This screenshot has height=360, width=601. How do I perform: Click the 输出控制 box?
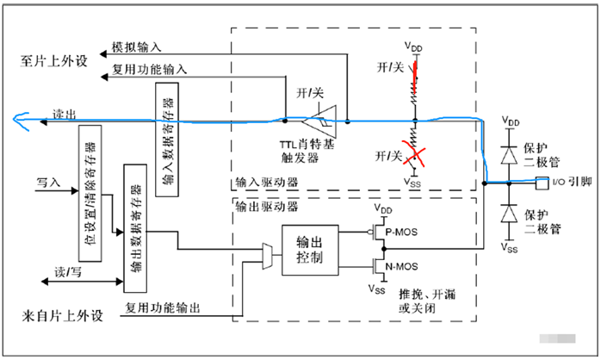tap(310, 250)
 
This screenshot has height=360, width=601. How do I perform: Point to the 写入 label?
tap(47, 183)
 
